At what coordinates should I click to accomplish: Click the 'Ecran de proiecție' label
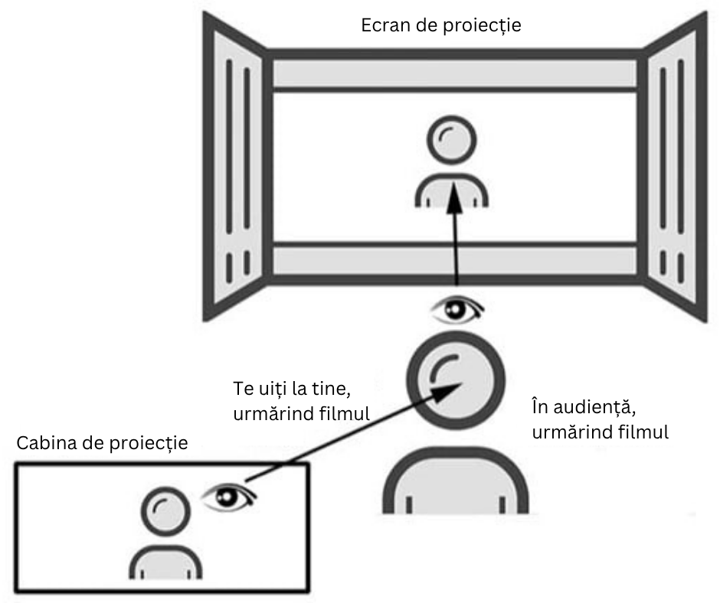click(x=441, y=26)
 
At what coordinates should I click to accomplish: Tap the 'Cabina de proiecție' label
click(x=102, y=443)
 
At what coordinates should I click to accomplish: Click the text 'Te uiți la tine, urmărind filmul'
click(x=301, y=401)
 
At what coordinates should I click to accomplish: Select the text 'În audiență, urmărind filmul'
click(x=601, y=419)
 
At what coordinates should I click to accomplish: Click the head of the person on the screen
click(x=452, y=140)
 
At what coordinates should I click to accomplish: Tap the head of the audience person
click(x=456, y=381)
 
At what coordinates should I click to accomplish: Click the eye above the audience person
click(x=457, y=310)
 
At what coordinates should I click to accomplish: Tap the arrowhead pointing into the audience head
click(x=447, y=393)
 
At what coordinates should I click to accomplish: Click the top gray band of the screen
click(x=454, y=73)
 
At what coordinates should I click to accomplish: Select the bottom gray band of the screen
click(x=454, y=261)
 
